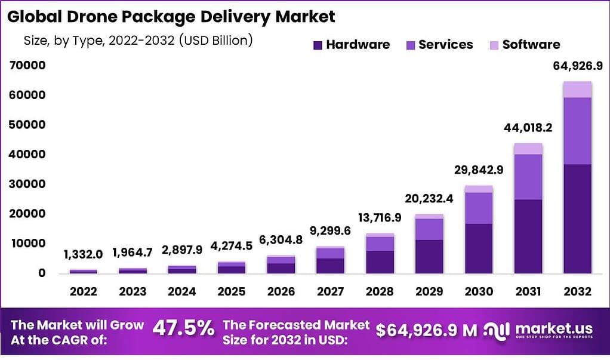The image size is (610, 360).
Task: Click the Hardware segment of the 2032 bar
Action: tap(577, 219)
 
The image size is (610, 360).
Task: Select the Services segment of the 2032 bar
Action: tap(577, 131)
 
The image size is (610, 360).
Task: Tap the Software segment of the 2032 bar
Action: tap(577, 90)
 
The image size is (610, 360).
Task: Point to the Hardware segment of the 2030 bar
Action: tap(479, 248)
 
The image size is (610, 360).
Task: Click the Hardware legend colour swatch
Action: tap(318, 45)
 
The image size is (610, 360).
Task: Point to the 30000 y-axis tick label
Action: tap(27, 184)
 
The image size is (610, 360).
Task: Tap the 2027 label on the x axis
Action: tap(331, 291)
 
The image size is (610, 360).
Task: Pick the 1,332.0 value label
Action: tap(83, 254)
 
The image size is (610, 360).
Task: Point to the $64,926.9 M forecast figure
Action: tap(427, 330)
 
